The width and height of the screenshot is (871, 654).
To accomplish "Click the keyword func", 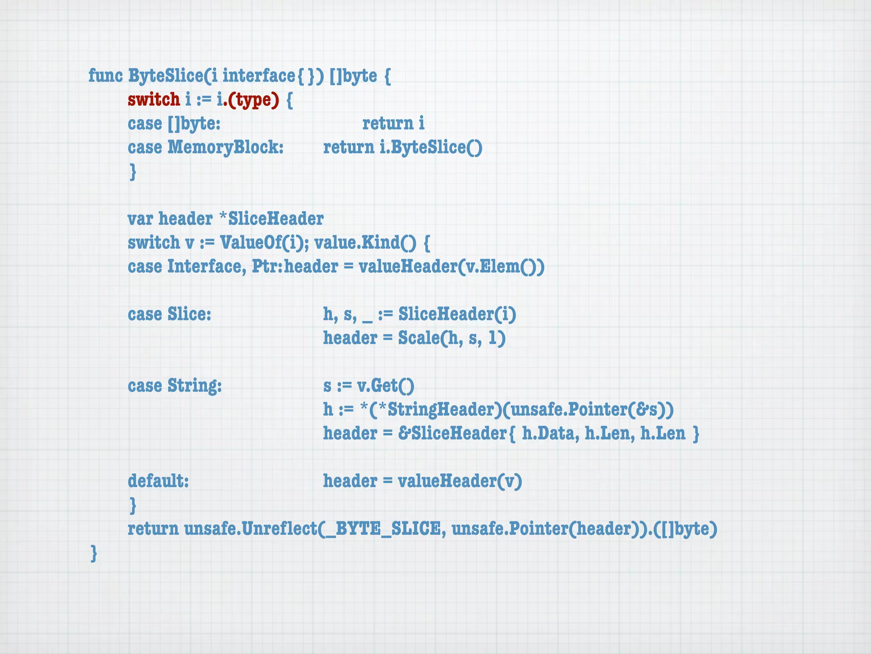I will click(105, 76).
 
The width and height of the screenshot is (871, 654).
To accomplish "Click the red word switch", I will click(154, 100).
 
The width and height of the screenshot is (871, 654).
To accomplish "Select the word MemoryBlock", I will click(225, 147).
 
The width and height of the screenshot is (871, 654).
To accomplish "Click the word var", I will click(140, 219).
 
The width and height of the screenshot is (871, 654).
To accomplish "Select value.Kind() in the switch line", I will click(365, 243).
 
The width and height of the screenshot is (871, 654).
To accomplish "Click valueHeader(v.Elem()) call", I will click(451, 267).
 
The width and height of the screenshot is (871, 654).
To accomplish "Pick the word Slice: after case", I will click(189, 314).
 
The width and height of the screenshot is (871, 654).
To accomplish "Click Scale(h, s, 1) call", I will click(452, 338).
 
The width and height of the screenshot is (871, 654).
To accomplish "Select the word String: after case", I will click(194, 386).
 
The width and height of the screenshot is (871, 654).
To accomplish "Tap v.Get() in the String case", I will click(385, 386).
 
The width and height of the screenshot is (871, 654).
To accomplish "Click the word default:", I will click(158, 481).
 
